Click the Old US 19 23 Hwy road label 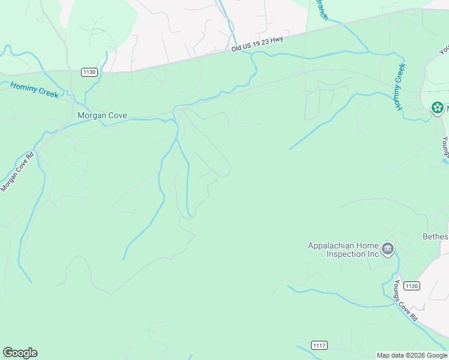[x=257, y=44]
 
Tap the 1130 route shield [x=89, y=72]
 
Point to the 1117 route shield [x=319, y=345]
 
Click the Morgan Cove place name [x=102, y=116]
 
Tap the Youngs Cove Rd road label [x=406, y=301]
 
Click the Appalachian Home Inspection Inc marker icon [x=388, y=248]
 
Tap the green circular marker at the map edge [x=438, y=108]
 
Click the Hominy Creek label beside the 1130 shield [x=34, y=90]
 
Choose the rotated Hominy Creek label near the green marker [x=400, y=88]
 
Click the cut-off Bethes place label [x=435, y=236]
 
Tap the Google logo [x=20, y=353]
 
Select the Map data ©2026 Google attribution [x=412, y=355]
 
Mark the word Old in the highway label [x=237, y=48]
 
